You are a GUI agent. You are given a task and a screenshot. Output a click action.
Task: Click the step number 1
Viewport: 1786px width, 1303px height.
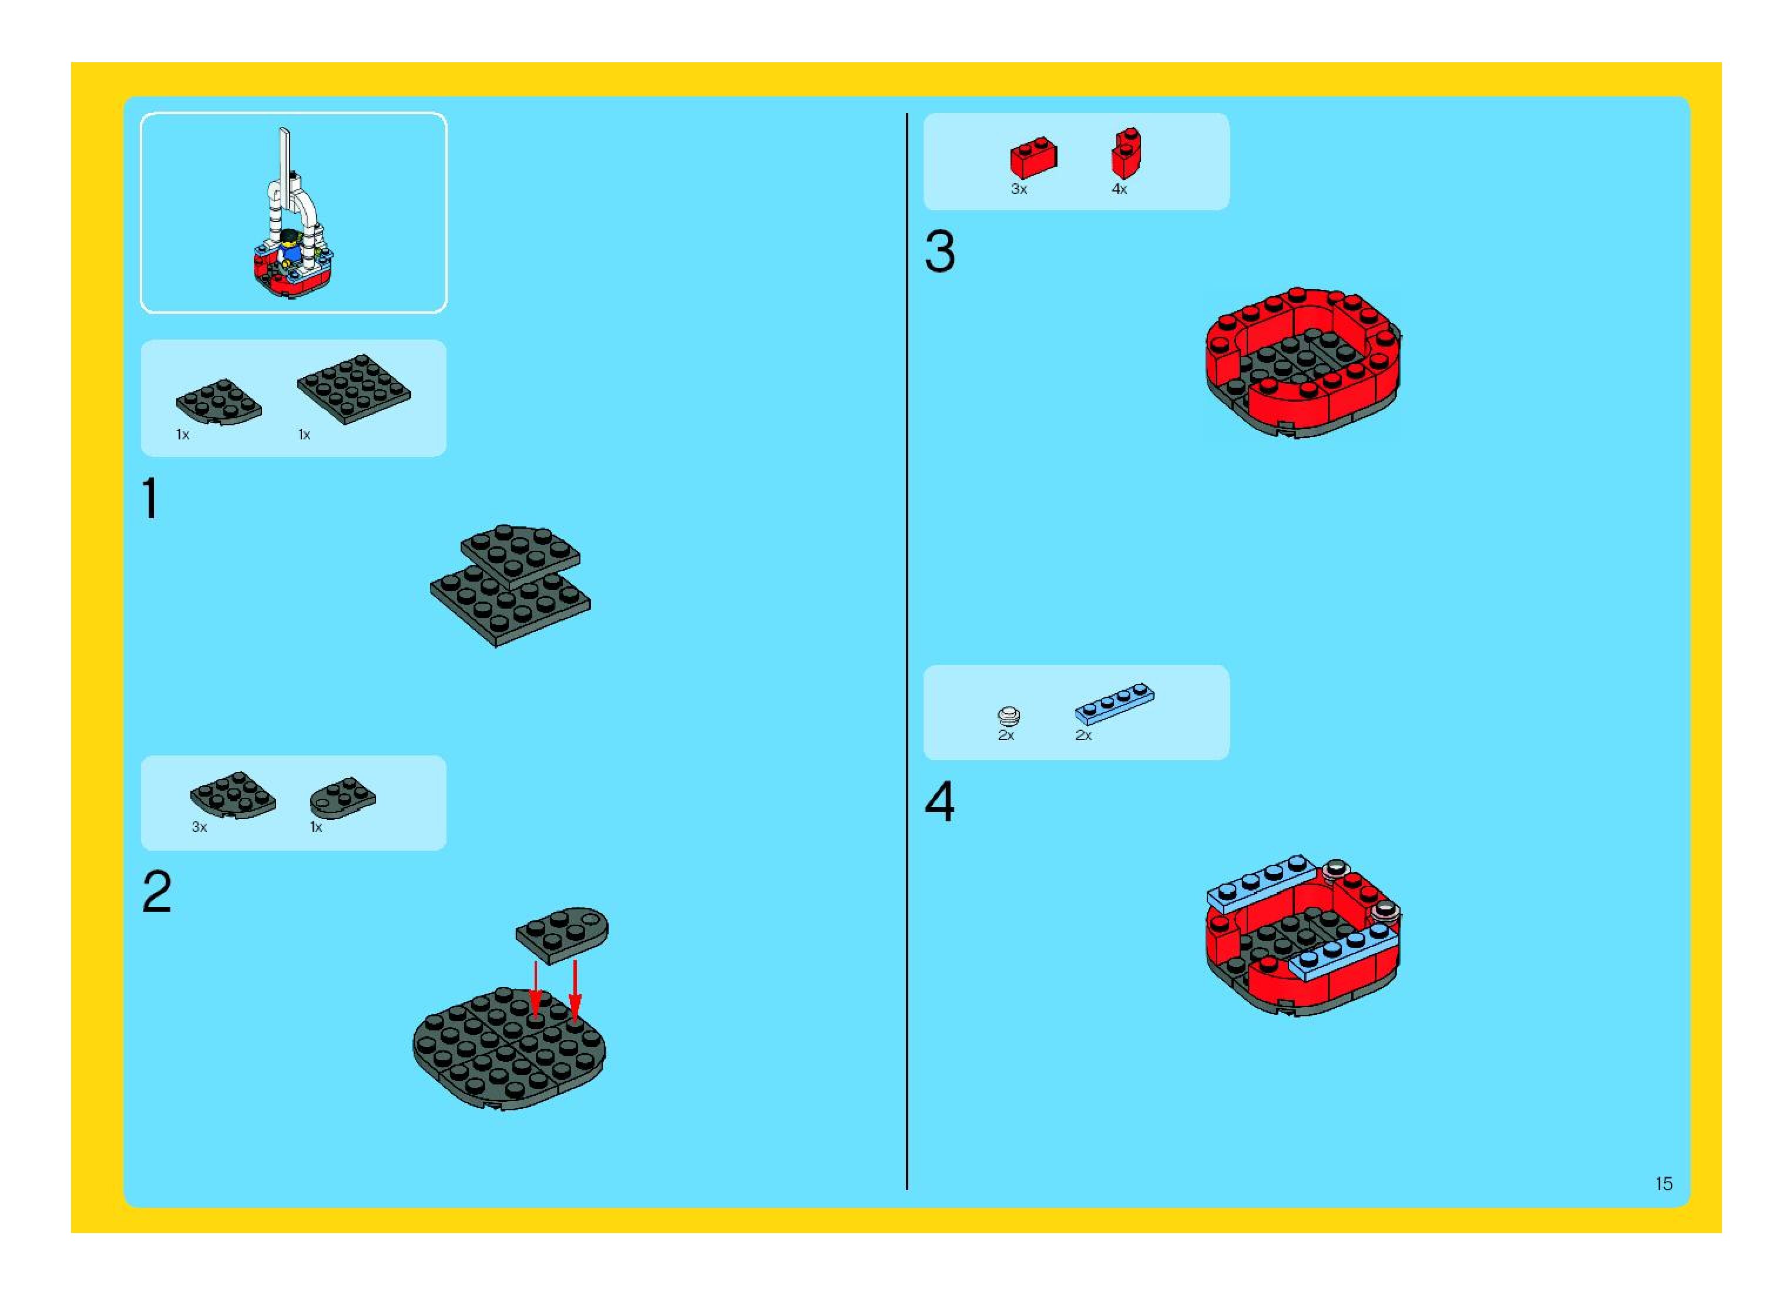(x=150, y=499)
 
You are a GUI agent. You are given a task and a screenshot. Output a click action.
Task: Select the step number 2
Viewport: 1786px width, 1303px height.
(x=157, y=892)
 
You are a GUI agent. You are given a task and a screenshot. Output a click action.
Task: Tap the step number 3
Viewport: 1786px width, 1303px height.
(x=939, y=253)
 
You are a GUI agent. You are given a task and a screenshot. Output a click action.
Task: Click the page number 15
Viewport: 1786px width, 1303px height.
(x=1664, y=1184)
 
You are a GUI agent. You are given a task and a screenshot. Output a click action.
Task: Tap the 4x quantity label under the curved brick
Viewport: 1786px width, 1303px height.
(x=1119, y=189)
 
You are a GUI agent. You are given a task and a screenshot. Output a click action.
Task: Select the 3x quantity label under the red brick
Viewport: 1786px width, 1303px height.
(x=1018, y=189)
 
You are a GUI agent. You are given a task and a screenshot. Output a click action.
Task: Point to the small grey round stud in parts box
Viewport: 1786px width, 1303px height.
(x=1008, y=716)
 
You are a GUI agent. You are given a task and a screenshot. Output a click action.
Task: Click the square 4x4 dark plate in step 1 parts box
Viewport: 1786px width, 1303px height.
(x=354, y=388)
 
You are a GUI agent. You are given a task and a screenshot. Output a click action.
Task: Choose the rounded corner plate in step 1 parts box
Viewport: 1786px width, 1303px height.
(x=219, y=401)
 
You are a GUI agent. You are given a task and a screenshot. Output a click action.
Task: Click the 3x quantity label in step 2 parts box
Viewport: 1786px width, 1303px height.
(x=199, y=827)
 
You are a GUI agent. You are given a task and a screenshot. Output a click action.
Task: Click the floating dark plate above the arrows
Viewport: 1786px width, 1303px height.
(x=562, y=934)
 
